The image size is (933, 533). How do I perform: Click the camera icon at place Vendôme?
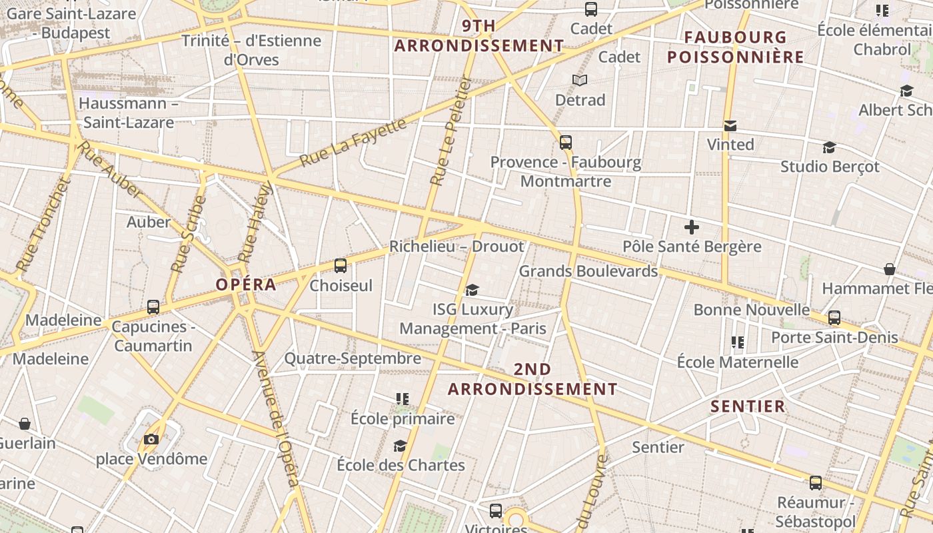[x=151, y=439]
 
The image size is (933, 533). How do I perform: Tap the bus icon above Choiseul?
[x=341, y=266]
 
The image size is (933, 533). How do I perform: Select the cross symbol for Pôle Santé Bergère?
[x=692, y=227]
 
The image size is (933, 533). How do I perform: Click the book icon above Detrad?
[x=580, y=81]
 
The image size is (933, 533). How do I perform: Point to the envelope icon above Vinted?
[x=730, y=125]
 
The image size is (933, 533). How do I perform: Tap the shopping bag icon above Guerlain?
[x=25, y=424]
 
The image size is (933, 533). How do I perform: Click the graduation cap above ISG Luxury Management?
[x=472, y=290]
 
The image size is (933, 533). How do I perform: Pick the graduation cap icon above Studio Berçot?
[x=829, y=147]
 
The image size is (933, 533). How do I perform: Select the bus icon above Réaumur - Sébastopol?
[x=815, y=483]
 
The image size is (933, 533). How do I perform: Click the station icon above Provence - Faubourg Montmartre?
[x=566, y=142]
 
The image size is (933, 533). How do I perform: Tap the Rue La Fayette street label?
[x=353, y=143]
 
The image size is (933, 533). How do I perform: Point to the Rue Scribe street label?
[x=189, y=234]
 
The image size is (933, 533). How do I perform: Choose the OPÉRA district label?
[x=245, y=284]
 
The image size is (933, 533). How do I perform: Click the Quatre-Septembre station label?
[x=353, y=358]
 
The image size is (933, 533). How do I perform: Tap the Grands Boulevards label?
[x=588, y=271]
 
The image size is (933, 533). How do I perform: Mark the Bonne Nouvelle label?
[x=752, y=310]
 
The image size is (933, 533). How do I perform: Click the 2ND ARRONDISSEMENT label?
[x=532, y=379]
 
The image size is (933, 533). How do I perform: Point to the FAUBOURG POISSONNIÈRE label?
[x=736, y=47]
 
